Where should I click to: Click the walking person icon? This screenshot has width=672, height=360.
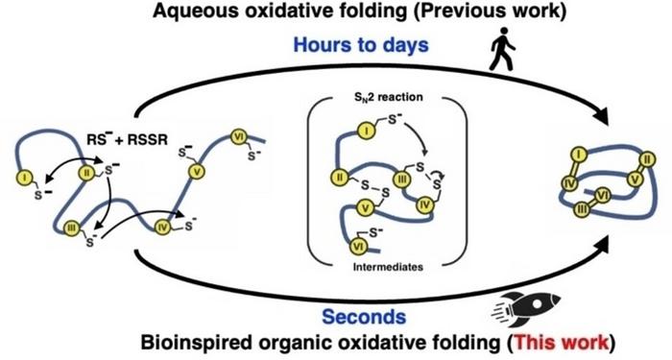pos(501,50)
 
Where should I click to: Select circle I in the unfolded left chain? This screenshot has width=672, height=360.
pos(21,179)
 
